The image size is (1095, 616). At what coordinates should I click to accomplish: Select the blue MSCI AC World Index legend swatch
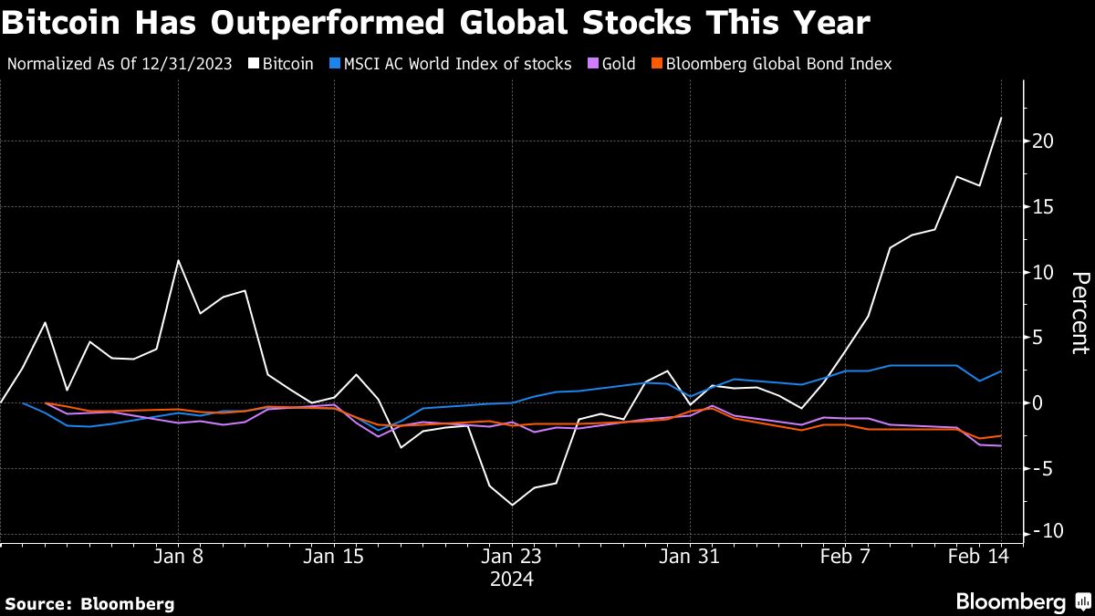pos(336,65)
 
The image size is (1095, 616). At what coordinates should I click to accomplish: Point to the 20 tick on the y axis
pos(1044,141)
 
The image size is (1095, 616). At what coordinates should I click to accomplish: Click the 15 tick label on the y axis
pos(1044,207)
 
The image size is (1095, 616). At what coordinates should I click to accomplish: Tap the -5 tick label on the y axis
pos(1044,468)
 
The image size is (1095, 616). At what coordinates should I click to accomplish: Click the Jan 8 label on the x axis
pos(179,556)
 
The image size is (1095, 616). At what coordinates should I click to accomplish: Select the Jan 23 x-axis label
pos(512,556)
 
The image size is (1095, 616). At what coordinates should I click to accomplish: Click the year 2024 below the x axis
pos(512,579)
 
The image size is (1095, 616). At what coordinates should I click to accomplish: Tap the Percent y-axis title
pos(1079,312)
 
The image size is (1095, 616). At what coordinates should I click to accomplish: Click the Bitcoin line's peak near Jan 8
pos(179,261)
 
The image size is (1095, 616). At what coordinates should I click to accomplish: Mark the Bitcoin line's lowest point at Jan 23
pos(512,505)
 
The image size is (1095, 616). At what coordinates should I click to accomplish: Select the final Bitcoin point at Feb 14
pos(1001,118)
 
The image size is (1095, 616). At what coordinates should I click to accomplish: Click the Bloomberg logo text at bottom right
pos(1011,601)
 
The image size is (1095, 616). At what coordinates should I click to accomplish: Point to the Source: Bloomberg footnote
pos(89,603)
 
